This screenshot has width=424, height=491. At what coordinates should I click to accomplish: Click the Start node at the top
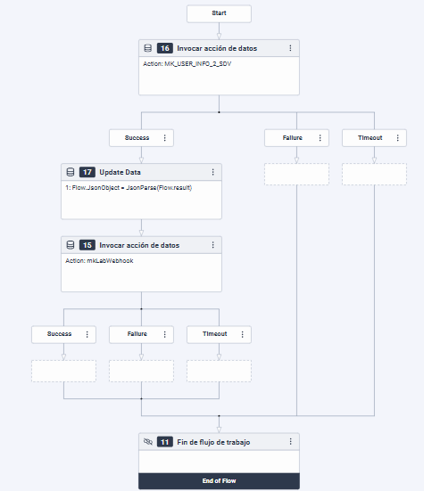pyautogui.click(x=219, y=14)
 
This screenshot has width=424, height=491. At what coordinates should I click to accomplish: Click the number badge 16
pyautogui.click(x=164, y=48)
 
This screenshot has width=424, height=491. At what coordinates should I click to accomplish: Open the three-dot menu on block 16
pyautogui.click(x=290, y=48)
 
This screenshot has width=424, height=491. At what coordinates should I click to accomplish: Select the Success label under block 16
pyautogui.click(x=137, y=138)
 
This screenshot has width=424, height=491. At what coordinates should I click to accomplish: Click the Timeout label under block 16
pyautogui.click(x=370, y=138)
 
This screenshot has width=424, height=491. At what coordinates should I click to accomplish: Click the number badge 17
pyautogui.click(x=87, y=172)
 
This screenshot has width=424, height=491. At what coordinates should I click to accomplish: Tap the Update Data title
pyautogui.click(x=121, y=172)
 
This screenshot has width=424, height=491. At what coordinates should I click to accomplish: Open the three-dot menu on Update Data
pyautogui.click(x=212, y=172)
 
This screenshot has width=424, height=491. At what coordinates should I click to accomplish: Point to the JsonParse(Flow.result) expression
pyautogui.click(x=159, y=189)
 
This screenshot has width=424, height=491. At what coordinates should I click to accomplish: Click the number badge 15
pyautogui.click(x=87, y=244)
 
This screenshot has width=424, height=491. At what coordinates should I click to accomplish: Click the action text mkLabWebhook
pyautogui.click(x=109, y=260)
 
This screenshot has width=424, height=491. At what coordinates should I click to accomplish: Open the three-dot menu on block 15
pyautogui.click(x=212, y=244)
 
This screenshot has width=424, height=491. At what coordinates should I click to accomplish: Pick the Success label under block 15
pyautogui.click(x=59, y=334)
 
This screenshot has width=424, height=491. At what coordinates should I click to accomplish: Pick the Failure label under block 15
pyautogui.click(x=136, y=334)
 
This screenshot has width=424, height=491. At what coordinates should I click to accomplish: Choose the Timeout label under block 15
pyautogui.click(x=214, y=334)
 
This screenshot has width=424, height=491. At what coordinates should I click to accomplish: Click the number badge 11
pyautogui.click(x=164, y=441)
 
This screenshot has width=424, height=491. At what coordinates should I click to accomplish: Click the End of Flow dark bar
pyautogui.click(x=219, y=481)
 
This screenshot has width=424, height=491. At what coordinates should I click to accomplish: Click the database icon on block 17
pyautogui.click(x=70, y=172)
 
